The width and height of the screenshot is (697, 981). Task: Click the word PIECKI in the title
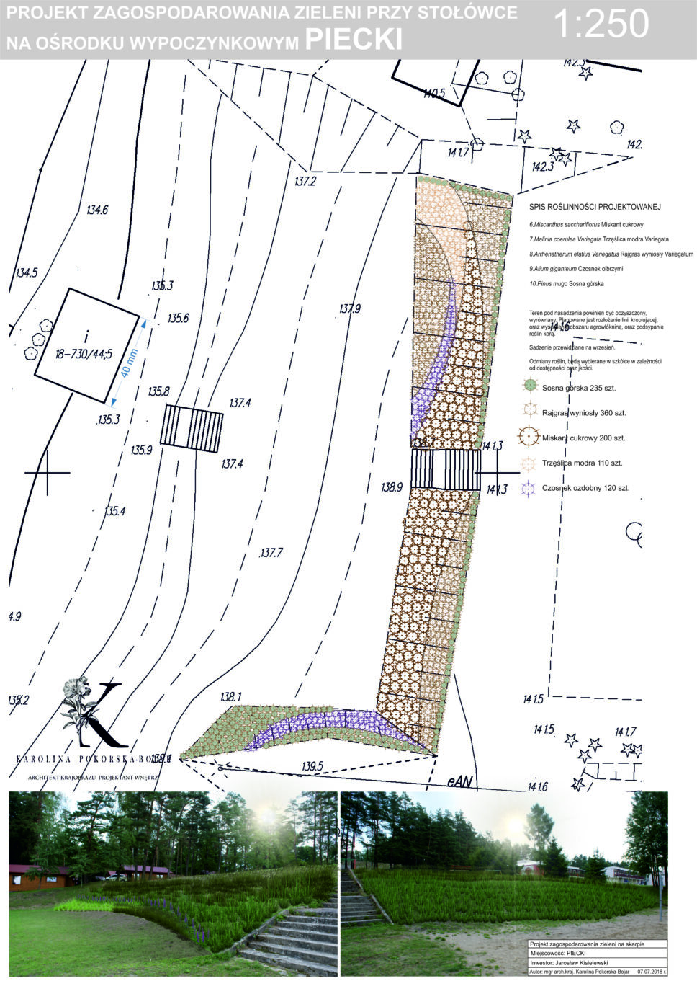pyautogui.click(x=354, y=40)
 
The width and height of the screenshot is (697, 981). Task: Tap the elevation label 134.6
pyautogui.click(x=96, y=210)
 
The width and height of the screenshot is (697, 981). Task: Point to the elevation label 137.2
pyautogui.click(x=305, y=181)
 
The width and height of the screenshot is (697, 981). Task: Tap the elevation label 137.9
pyautogui.click(x=349, y=308)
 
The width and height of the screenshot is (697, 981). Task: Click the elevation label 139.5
pyautogui.click(x=311, y=765)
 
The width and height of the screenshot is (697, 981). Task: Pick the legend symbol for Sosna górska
pyautogui.click(x=530, y=387)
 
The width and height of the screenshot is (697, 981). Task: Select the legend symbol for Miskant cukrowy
pyautogui.click(x=530, y=438)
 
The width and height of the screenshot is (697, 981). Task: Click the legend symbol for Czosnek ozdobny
pyautogui.click(x=530, y=488)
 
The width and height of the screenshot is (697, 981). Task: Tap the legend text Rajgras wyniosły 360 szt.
pyautogui.click(x=584, y=413)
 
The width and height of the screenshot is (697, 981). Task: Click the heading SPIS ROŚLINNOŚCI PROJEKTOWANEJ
pyautogui.click(x=595, y=207)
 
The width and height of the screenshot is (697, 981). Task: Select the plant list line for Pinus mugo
pyautogui.click(x=566, y=284)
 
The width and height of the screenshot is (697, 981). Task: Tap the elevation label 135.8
pyautogui.click(x=158, y=391)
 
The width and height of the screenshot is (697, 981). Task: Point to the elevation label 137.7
pyautogui.click(x=271, y=553)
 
